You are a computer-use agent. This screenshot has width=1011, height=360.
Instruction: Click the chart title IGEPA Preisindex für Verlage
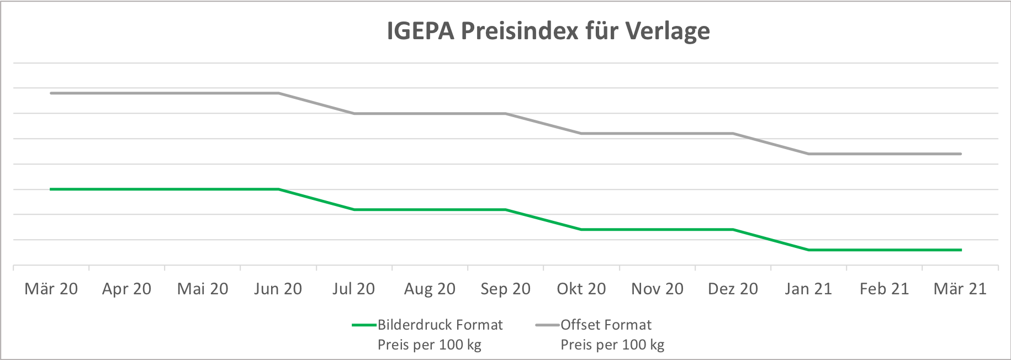coord(548,31)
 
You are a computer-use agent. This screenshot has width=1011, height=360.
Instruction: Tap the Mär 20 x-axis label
coord(51,289)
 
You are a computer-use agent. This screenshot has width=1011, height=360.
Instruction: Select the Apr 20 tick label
coord(126,289)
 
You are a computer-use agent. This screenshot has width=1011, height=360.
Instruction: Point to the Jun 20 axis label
coord(278,289)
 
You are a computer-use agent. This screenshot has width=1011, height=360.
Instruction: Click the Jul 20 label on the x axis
coord(353,289)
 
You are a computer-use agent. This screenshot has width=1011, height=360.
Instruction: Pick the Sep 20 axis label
coord(505,289)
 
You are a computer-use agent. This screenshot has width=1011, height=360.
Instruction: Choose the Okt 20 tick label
coord(581,289)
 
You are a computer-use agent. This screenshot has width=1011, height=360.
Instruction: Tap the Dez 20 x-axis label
coord(733,289)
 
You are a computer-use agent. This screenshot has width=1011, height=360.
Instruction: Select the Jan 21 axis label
coord(808,289)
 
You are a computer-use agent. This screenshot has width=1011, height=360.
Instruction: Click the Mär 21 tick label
coord(960,289)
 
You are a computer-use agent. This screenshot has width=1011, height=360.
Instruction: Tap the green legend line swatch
coord(364,325)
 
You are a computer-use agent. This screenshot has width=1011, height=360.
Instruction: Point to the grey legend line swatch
coord(547,325)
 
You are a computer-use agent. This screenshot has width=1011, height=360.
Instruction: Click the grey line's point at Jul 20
coord(354,114)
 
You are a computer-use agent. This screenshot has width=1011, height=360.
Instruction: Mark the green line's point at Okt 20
coord(581,230)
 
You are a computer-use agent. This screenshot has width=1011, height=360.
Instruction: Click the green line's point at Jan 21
coord(809,250)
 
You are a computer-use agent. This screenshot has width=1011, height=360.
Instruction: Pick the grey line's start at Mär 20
coord(51,93)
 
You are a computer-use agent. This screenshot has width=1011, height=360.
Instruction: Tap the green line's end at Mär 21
coord(961,250)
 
